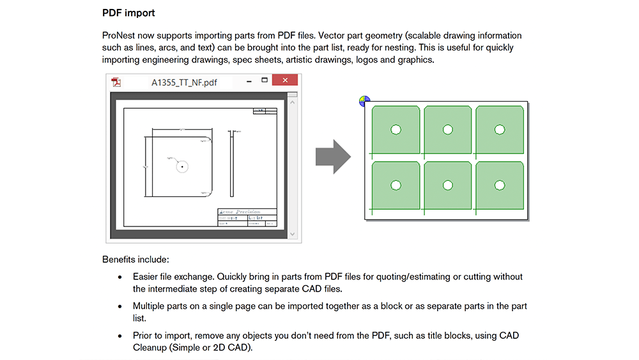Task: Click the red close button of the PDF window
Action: (284, 81)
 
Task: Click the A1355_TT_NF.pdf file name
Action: (184, 82)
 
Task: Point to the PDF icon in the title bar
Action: (116, 82)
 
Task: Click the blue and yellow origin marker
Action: (364, 101)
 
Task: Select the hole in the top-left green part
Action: (396, 130)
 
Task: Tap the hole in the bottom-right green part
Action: (500, 185)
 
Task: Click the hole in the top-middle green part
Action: (447, 130)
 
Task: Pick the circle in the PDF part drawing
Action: (182, 166)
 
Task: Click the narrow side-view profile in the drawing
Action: (231, 164)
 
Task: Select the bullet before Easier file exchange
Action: (119, 277)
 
